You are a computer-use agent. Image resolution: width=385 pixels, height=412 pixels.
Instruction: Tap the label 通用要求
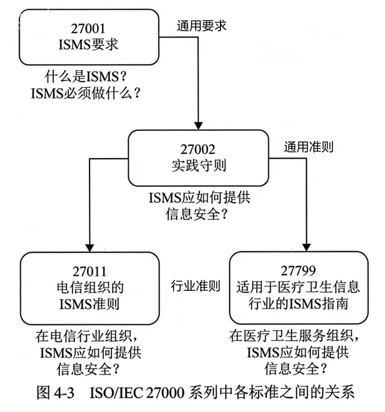201,25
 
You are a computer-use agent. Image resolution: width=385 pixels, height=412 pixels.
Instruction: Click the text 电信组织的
91,286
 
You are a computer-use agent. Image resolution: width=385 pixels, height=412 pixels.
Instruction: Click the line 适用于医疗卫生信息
299,286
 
